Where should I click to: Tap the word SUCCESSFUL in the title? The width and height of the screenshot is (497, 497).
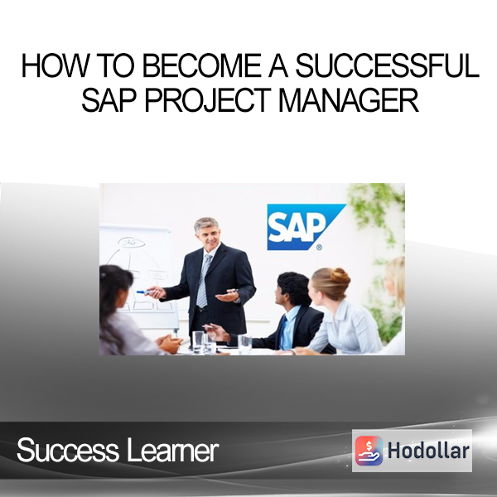[386, 65]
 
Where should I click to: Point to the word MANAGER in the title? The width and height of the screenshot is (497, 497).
[348, 101]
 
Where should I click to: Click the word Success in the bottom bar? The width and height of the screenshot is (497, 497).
[67, 450]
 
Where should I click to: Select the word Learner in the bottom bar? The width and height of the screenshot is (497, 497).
[172, 450]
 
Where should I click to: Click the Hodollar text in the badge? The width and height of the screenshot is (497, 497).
[428, 451]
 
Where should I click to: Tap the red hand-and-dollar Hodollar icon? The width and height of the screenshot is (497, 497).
[369, 451]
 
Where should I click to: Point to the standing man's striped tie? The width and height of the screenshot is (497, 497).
[204, 281]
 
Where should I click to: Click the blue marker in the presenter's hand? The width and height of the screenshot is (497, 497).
[143, 292]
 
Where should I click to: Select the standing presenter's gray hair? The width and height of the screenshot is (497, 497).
[206, 224]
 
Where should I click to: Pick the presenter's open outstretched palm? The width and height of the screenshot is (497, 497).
[227, 297]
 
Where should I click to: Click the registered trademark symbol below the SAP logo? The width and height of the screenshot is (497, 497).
[319, 247]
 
